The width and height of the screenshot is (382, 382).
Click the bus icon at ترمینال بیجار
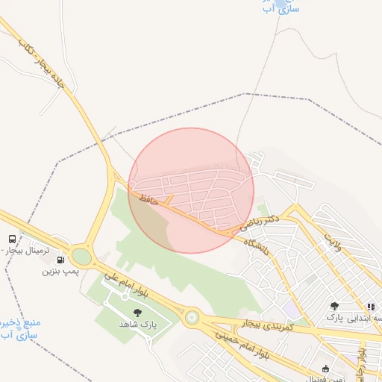point(11,239)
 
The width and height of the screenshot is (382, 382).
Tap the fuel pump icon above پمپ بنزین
point(60,260)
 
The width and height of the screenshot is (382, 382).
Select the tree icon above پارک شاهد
point(137,313)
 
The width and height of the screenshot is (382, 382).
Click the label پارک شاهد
point(136,325)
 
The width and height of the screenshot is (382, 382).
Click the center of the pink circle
point(191,190)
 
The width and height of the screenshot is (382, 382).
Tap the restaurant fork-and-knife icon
point(370,307)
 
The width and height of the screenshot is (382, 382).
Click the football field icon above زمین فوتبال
point(325,369)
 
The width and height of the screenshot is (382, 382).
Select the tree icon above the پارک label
point(334,306)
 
